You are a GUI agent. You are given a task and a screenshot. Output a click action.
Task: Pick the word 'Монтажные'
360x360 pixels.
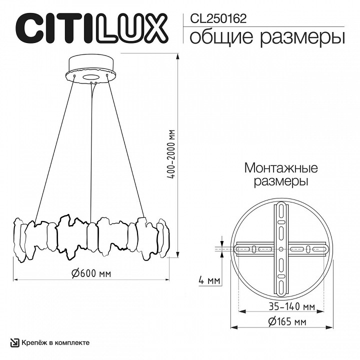tap(281, 168)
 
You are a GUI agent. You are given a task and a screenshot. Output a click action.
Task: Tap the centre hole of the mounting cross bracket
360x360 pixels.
tap(280, 248)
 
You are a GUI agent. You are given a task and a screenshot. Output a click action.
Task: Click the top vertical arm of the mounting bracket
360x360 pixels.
tap(280, 220)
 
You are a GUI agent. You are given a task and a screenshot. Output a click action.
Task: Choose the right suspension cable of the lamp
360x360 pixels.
tap(127, 150)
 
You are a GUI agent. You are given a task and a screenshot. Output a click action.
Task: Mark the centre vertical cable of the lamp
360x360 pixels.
tap(91, 150)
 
